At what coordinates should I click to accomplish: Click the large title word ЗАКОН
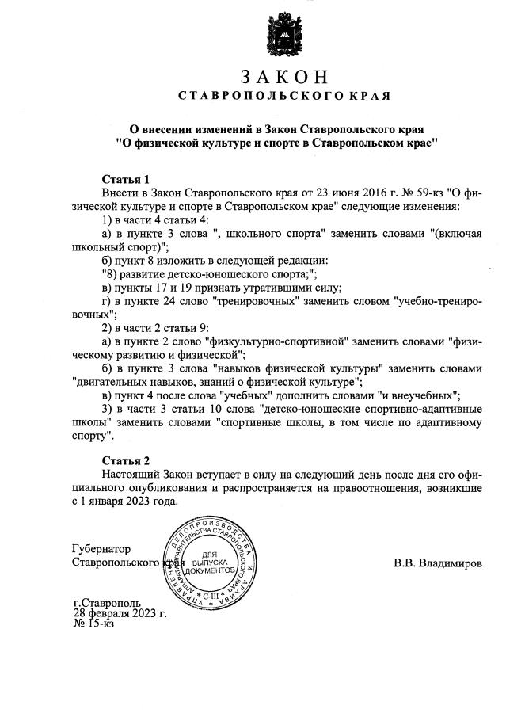pyautogui.click(x=283, y=77)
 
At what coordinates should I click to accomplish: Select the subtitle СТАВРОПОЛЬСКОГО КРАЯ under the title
pyautogui.click(x=283, y=97)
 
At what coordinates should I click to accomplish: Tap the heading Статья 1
pyautogui.click(x=126, y=179)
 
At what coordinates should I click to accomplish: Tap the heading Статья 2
pyautogui.click(x=126, y=460)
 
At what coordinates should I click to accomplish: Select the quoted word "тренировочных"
pyautogui.click(x=258, y=302)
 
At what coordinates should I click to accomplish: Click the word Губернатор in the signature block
pyautogui.click(x=101, y=549)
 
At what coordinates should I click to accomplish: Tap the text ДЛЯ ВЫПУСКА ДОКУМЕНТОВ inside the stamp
pyautogui.click(x=211, y=562)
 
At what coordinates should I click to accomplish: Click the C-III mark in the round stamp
pyautogui.click(x=211, y=593)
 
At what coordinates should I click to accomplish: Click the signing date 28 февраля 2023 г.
pyautogui.click(x=119, y=613)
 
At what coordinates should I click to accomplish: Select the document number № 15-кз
pyautogui.click(x=93, y=624)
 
